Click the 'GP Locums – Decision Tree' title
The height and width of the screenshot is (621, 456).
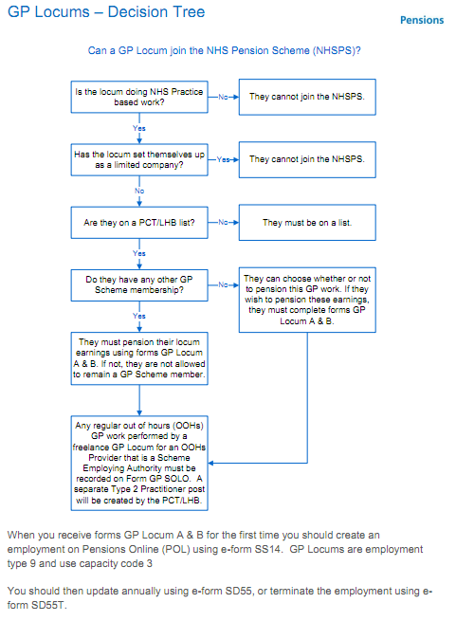click(106, 12)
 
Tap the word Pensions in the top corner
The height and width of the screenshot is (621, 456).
click(422, 20)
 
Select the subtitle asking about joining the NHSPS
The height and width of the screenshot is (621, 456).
click(225, 50)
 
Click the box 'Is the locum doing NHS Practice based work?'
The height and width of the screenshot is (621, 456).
click(139, 97)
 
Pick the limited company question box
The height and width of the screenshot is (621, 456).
click(139, 159)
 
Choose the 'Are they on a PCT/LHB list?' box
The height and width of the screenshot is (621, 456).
click(139, 223)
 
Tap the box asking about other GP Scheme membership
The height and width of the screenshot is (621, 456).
click(139, 284)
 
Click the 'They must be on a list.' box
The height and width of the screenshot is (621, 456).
click(307, 223)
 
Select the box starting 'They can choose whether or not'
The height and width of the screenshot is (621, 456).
click(307, 300)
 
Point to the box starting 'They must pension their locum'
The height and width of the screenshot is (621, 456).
click(139, 358)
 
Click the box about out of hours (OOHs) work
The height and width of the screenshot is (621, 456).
click(139, 463)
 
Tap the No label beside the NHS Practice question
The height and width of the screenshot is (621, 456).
click(223, 97)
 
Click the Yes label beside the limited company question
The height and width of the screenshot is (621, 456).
click(223, 159)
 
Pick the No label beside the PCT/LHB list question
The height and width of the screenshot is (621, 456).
click(223, 223)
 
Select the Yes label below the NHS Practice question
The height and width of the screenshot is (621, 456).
click(139, 128)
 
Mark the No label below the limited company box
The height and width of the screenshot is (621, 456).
click(139, 191)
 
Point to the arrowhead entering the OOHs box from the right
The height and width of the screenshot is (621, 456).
click(210, 463)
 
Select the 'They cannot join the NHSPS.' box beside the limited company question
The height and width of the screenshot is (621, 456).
click(307, 159)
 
